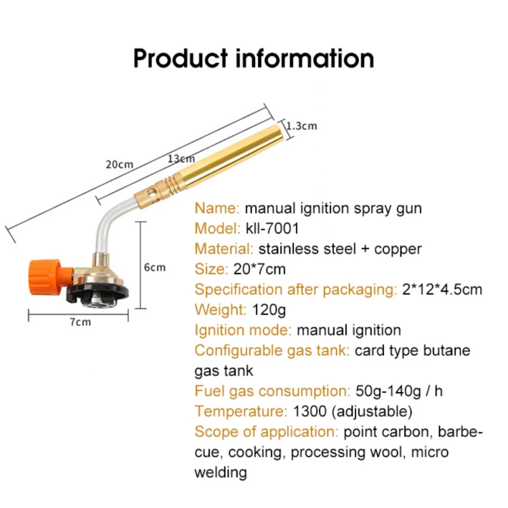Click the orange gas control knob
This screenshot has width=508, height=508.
point(44,276)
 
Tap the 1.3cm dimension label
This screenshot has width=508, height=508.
point(302,126)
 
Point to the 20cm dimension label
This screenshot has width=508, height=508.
point(119,164)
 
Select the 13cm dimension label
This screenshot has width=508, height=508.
point(181,159)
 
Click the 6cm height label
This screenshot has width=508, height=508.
point(154,267)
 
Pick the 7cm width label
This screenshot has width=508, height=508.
point(80,322)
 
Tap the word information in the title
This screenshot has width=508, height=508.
point(304,58)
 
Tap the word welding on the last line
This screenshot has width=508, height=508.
point(220,472)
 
